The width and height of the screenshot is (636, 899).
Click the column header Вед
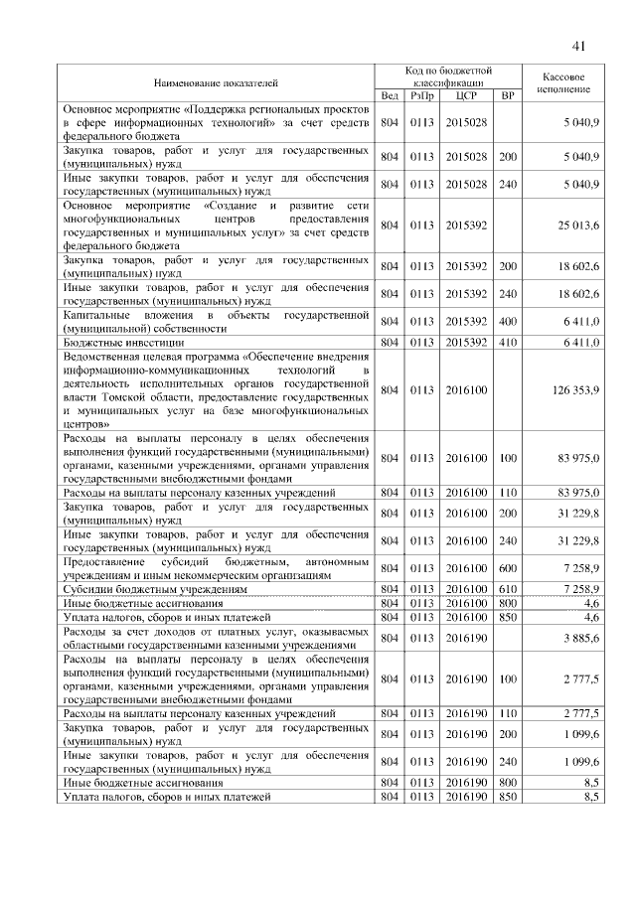click(x=390, y=96)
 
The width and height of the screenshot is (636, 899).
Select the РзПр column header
click(x=422, y=96)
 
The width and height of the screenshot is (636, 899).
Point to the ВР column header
click(x=508, y=96)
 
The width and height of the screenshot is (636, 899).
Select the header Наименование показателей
click(x=217, y=82)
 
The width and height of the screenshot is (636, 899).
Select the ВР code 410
click(x=508, y=342)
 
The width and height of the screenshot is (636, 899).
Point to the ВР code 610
click(x=508, y=589)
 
